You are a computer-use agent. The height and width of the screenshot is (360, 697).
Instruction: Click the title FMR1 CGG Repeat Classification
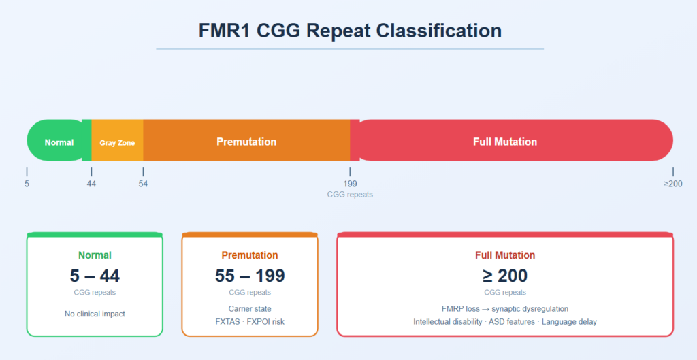(350, 31)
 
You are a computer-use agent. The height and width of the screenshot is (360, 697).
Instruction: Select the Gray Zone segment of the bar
(117, 140)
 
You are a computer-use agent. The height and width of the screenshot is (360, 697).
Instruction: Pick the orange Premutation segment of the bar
(246, 140)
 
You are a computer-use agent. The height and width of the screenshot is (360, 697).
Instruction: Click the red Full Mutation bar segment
(511, 140)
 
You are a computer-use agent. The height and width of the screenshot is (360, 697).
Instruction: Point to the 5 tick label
(27, 184)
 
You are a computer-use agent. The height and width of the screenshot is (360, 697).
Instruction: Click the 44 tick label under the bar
(91, 184)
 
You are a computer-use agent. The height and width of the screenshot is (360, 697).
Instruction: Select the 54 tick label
(143, 184)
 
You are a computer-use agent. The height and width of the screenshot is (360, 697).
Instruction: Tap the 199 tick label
(350, 184)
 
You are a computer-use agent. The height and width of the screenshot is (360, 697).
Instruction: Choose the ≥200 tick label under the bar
(673, 184)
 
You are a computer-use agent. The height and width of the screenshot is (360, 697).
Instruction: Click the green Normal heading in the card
(95, 255)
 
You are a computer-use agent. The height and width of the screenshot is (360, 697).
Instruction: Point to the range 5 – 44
(95, 276)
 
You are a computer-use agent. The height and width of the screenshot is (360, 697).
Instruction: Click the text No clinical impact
(95, 314)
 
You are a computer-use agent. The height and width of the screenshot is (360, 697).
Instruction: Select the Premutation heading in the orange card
(250, 255)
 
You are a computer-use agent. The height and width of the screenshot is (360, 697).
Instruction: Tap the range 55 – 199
(250, 276)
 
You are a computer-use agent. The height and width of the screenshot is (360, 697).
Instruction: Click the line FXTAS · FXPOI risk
(250, 321)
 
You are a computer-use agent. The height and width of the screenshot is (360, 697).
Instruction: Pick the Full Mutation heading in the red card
(505, 255)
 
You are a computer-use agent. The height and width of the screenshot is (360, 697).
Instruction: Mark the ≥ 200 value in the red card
(505, 276)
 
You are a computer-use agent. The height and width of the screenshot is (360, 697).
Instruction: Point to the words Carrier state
(250, 309)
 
